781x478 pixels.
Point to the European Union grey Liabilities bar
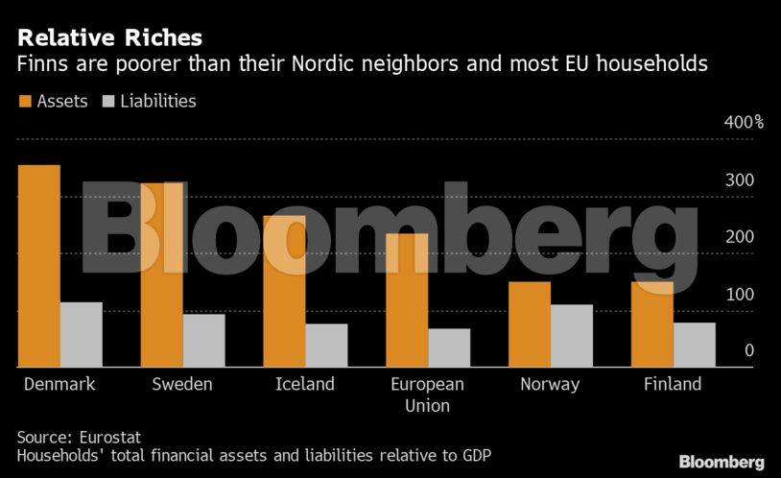click(x=449, y=347)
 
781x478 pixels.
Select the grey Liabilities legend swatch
click(x=107, y=101)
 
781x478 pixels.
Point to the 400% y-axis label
click(x=743, y=123)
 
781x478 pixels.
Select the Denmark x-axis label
click(x=59, y=384)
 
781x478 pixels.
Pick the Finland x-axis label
click(x=672, y=384)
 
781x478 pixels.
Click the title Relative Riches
click(x=109, y=38)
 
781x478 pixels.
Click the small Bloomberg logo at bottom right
click(x=722, y=462)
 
